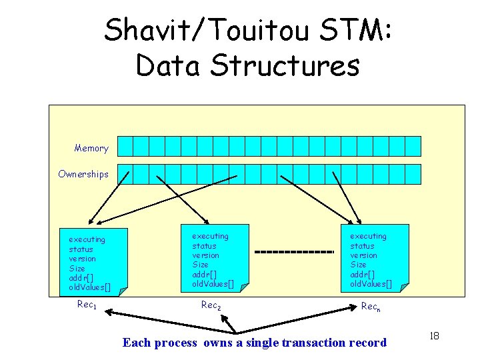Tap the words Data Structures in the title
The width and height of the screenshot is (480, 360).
247,65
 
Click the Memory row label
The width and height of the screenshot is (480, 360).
91,148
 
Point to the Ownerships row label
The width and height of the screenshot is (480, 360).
83,174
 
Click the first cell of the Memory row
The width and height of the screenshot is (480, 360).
124,146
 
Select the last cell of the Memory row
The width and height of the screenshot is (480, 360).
413,146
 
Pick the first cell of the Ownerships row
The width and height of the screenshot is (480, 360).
124,174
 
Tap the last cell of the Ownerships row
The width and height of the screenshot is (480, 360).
413,174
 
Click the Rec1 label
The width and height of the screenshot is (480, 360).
87,306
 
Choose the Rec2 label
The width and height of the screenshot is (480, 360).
211,305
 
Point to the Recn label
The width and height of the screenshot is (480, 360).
370,307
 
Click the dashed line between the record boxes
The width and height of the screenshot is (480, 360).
294,252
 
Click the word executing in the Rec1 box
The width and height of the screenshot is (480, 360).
87,239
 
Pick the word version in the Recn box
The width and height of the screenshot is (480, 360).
364,255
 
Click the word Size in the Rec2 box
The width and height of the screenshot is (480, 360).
200,265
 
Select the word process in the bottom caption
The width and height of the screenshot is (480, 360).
175,343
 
